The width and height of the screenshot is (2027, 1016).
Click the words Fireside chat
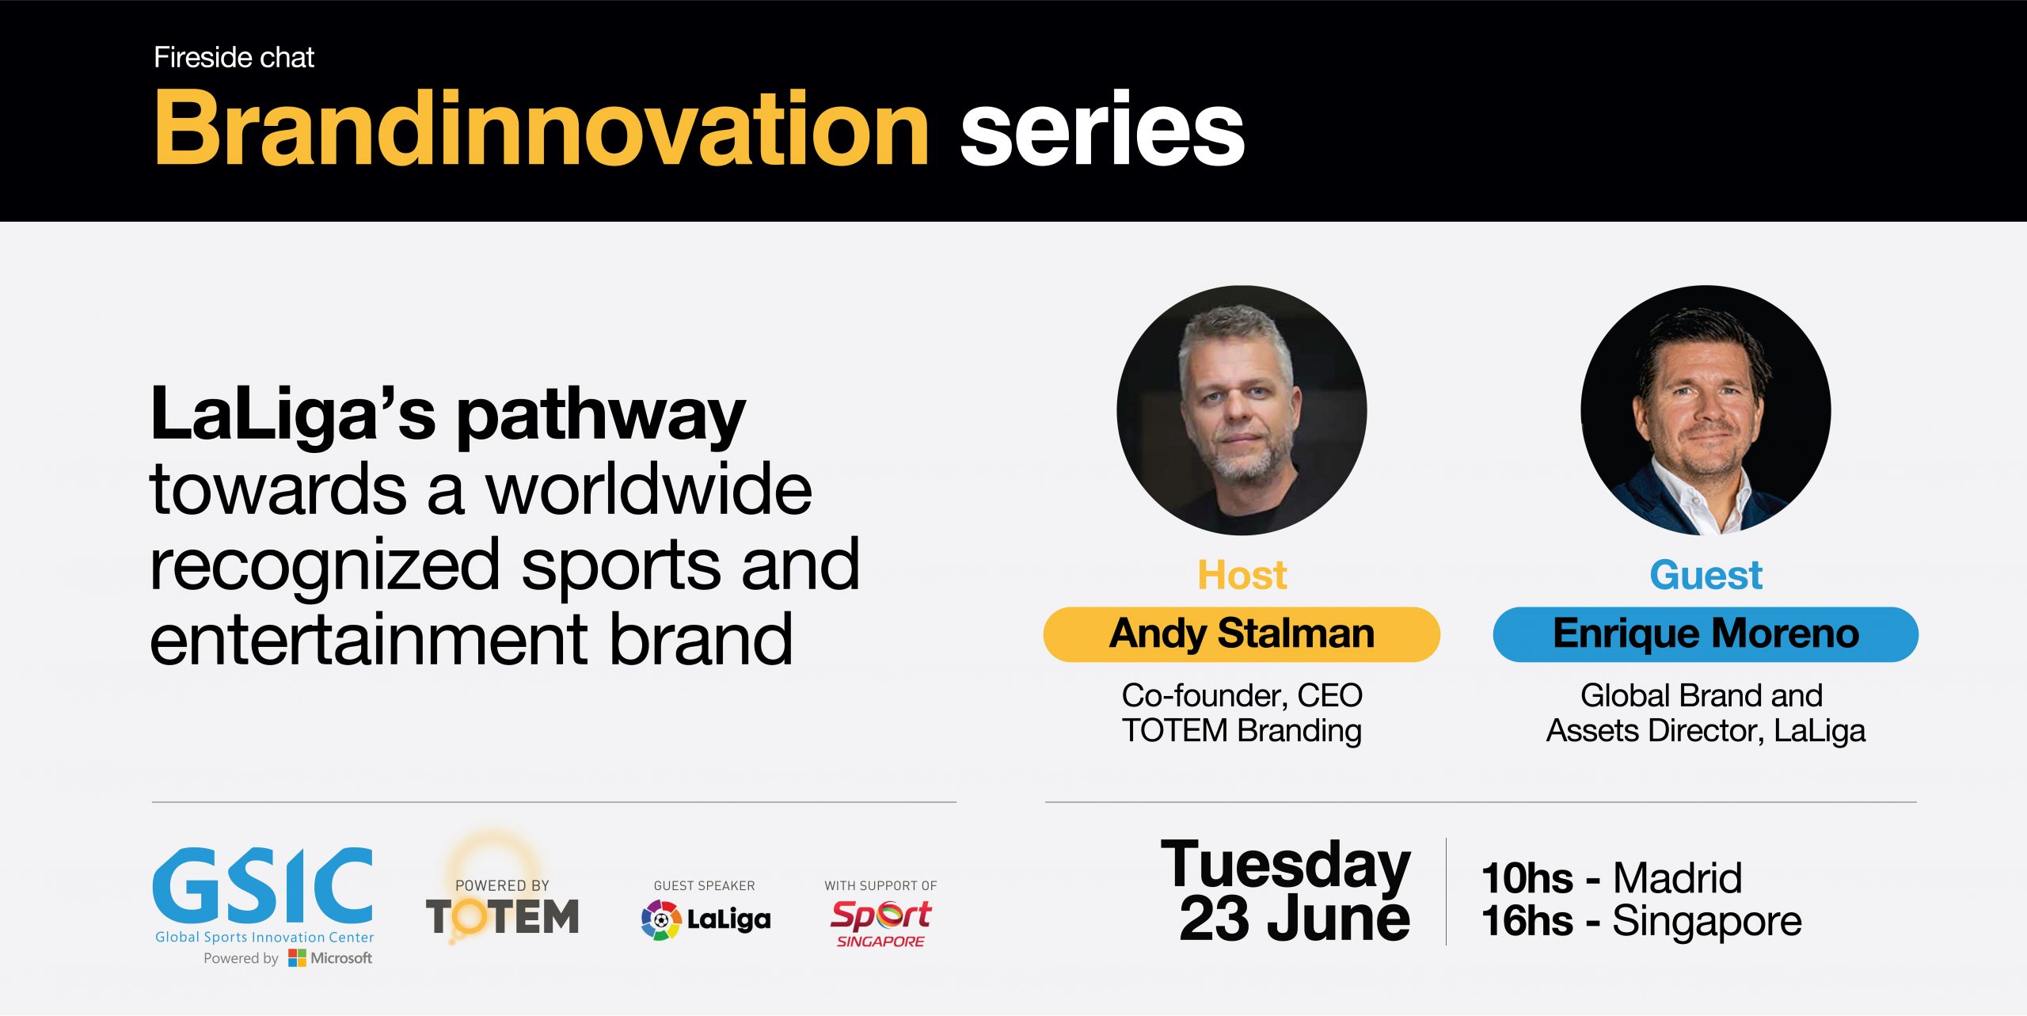[x=234, y=58]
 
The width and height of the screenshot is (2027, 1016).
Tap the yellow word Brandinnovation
[x=542, y=128]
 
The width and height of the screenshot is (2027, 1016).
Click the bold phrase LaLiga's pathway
[x=448, y=416]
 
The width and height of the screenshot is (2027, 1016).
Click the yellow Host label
[x=1242, y=575]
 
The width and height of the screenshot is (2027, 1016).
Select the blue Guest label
[x=1706, y=575]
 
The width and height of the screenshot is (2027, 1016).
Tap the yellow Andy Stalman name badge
[x=1242, y=634]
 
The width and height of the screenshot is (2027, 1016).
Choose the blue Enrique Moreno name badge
[x=1706, y=634]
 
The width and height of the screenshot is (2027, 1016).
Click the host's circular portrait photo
[x=1242, y=410]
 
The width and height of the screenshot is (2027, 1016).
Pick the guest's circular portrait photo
[x=1706, y=410]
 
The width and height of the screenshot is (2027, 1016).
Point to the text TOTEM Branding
[x=1242, y=731]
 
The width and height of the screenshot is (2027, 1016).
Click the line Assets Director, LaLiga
[x=1706, y=731]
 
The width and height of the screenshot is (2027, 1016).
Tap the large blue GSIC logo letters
[x=263, y=885]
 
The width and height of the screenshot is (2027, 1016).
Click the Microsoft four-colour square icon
[x=297, y=958]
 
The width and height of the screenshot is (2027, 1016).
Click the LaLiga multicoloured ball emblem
[x=661, y=919]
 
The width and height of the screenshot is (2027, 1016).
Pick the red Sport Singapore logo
[x=880, y=923]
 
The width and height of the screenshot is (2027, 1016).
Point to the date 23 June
[x=1295, y=919]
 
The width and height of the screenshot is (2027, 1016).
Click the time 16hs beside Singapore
[x=1527, y=921]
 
